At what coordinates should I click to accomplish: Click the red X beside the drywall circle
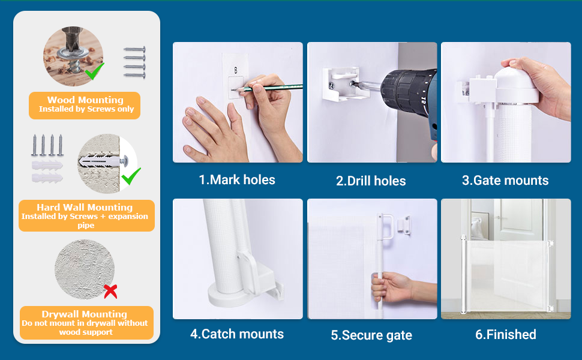110,292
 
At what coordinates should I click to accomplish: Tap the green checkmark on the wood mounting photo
94,71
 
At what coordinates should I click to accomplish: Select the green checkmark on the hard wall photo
131,176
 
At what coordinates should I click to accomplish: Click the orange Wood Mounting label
85,106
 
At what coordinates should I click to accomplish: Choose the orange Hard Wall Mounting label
86,215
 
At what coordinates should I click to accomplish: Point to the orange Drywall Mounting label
86,323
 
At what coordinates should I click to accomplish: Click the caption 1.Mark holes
237,180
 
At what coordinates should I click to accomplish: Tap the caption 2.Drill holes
371,181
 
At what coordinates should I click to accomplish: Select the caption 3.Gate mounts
505,181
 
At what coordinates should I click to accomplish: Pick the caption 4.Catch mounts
237,334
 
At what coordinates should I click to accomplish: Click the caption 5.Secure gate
371,335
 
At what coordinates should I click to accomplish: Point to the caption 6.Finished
506,334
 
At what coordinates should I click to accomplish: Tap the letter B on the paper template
236,70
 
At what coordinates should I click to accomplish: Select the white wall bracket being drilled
341,84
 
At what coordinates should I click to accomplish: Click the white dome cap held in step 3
517,84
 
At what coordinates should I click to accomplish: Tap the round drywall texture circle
85,269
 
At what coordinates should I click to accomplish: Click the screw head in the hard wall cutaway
124,161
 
